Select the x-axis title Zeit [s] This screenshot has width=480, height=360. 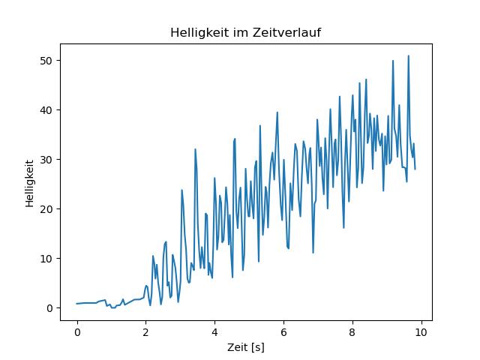(x=246, y=348)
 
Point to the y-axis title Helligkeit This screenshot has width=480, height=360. (x=28, y=182)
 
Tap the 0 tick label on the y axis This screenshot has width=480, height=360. (x=49, y=308)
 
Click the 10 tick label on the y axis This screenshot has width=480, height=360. (x=46, y=259)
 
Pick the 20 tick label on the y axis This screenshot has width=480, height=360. (x=46, y=209)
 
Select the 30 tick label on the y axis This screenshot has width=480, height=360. (x=46, y=160)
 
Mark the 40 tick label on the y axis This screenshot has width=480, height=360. (x=46, y=110)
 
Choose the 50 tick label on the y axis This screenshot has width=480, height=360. (x=46, y=61)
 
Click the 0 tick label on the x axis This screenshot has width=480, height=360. (x=77, y=331)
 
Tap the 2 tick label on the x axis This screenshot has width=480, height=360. (x=145, y=331)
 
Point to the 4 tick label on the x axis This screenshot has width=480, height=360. (x=214, y=331)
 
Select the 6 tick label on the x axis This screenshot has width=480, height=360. (x=283, y=331)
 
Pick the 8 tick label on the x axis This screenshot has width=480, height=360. (x=352, y=331)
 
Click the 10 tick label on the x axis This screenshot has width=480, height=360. (x=421, y=331)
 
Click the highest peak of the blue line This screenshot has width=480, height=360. (x=409, y=56)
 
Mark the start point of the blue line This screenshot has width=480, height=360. (x=77, y=304)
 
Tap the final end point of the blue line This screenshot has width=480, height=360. (x=415, y=169)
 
